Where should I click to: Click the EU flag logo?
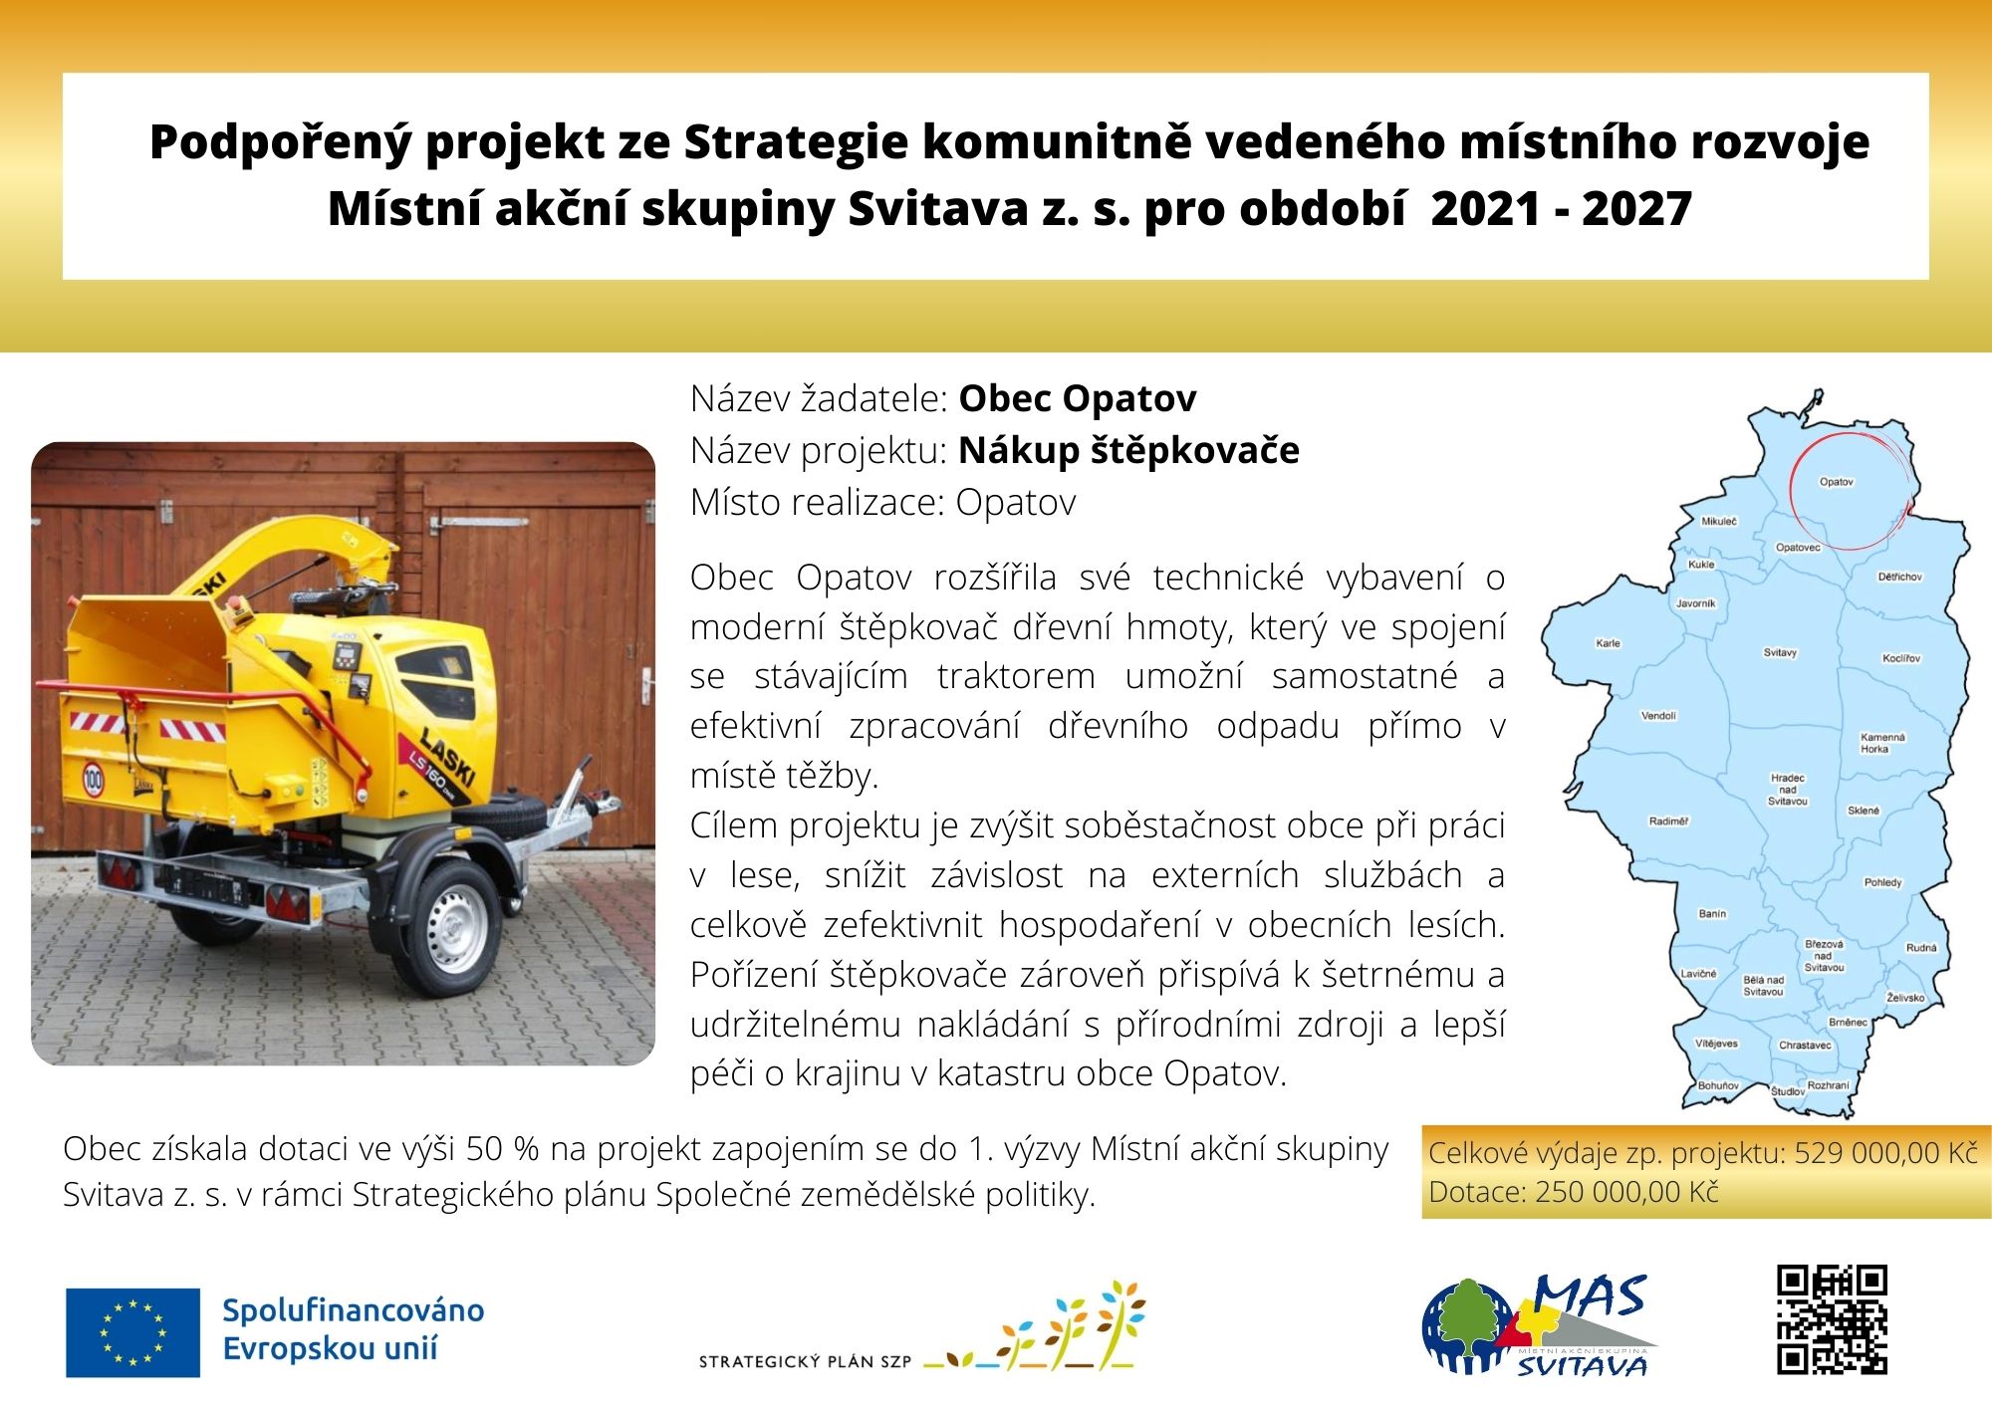[132, 1332]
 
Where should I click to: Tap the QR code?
[1832, 1320]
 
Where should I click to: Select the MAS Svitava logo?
[1539, 1325]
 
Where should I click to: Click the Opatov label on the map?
[1837, 482]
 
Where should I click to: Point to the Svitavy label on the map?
[1780, 653]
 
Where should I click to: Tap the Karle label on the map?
[1608, 643]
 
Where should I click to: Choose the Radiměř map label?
[1668, 821]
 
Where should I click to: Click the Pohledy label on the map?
[1882, 882]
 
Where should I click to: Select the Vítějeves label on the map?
[1717, 1044]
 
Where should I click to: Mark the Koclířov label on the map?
[1901, 658]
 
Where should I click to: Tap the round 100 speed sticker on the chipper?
[93, 778]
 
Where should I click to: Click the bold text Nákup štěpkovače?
[1128, 451]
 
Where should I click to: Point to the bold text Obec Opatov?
[1077, 398]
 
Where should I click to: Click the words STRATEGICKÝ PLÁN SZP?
[805, 1362]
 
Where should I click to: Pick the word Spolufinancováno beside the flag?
[353, 1310]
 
